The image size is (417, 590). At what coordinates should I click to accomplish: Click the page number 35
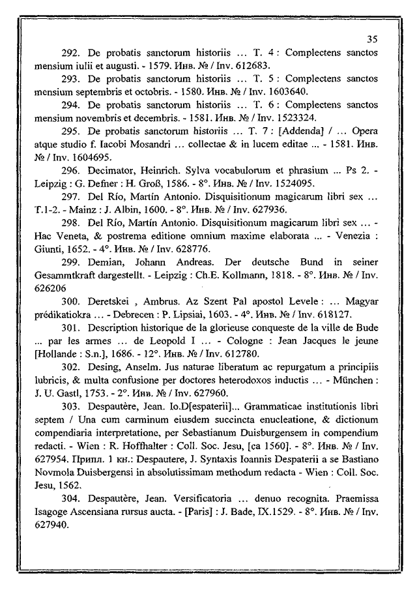372,38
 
